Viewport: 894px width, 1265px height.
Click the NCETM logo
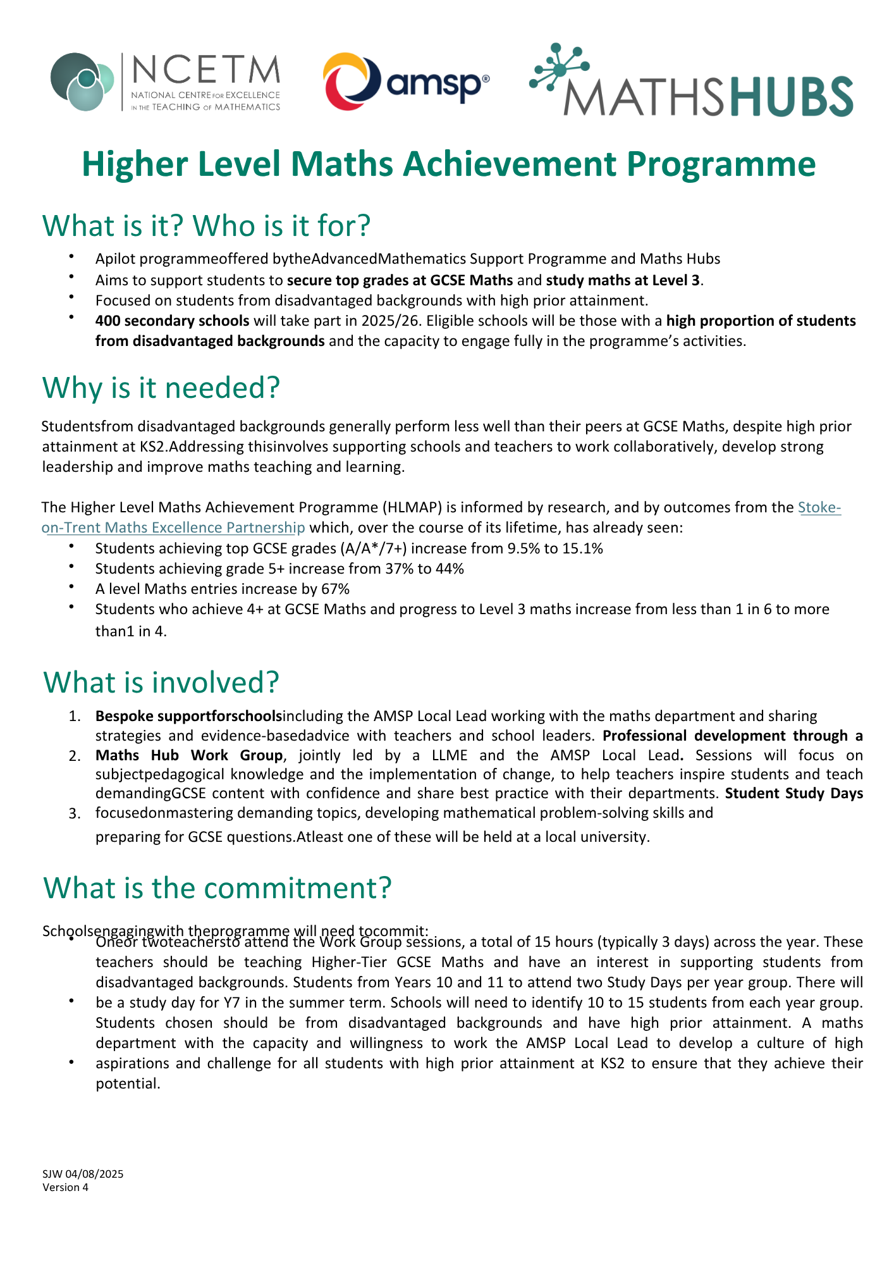[166, 82]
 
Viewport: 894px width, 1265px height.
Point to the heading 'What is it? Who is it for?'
[206, 226]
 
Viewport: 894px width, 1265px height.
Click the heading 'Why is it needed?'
[161, 387]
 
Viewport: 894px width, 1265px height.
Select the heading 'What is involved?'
[161, 682]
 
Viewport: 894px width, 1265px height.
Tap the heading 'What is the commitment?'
[217, 887]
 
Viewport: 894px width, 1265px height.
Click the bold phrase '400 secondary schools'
[172, 321]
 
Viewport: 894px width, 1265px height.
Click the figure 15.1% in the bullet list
[582, 548]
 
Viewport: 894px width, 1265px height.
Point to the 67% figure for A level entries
[335, 589]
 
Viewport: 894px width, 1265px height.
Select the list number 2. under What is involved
[75, 756]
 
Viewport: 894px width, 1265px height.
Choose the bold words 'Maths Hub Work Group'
[189, 755]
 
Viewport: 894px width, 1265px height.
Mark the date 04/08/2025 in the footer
[94, 1174]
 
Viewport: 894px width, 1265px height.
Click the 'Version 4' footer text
[66, 1187]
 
